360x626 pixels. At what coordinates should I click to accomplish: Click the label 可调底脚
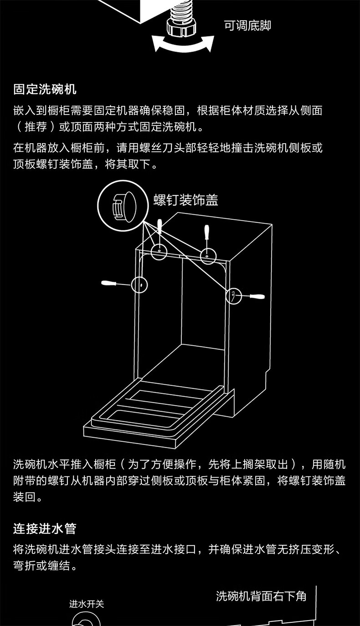pos(247,26)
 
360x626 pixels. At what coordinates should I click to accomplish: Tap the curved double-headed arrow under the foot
pos(183,45)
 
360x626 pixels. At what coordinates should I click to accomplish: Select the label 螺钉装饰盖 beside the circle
pos(185,200)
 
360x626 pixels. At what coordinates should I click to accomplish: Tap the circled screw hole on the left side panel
pos(140,285)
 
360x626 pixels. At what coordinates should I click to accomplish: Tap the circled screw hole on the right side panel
pos(233,295)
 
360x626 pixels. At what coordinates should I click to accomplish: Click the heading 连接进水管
pos(45,529)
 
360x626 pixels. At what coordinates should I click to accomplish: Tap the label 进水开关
pos(87,604)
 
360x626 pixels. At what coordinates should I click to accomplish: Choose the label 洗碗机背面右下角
pos(261,596)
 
